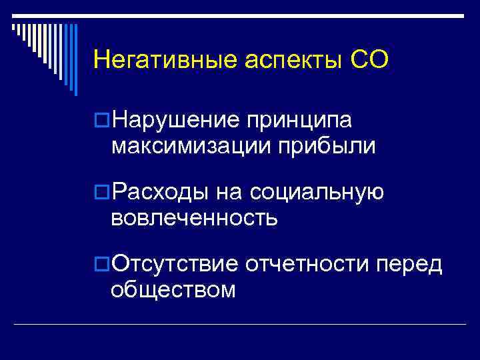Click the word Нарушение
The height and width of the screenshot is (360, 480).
(177, 120)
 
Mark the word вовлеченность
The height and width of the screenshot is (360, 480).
(195, 217)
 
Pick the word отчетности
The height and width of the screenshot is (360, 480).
(307, 265)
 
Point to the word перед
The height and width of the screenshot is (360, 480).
(410, 265)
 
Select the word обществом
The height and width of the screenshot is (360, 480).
(174, 289)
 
